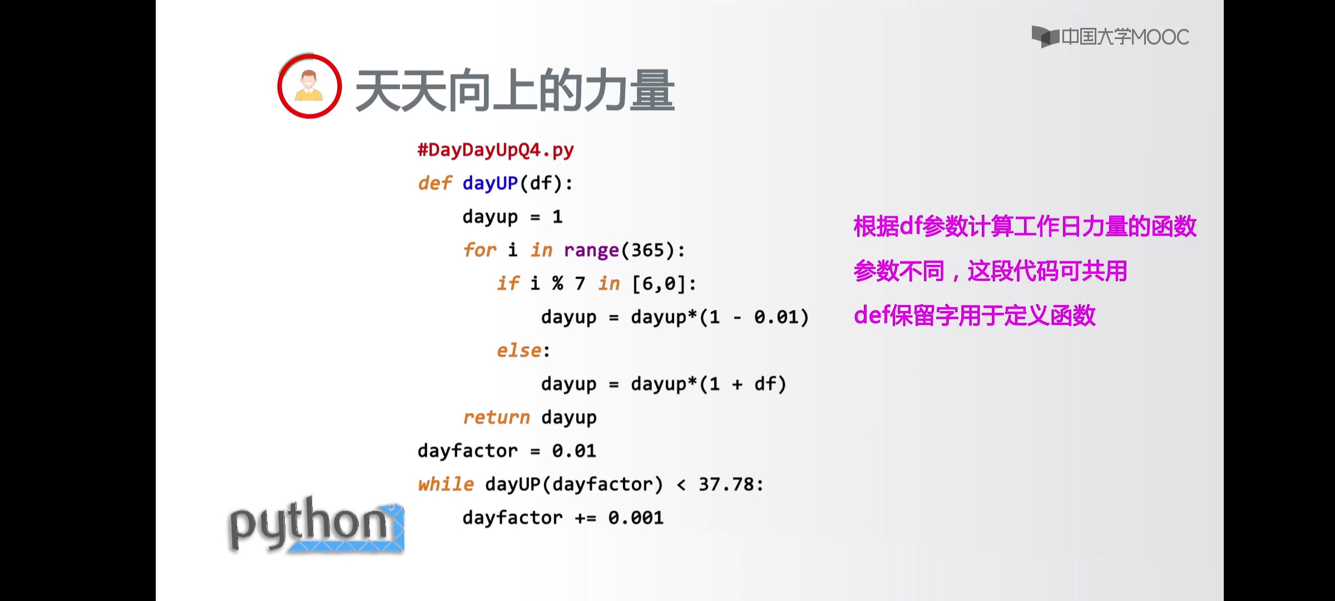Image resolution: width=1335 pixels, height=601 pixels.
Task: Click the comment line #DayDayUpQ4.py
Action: click(496, 150)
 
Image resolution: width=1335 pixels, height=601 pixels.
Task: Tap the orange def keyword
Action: click(434, 183)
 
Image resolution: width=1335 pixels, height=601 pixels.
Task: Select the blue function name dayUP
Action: click(490, 184)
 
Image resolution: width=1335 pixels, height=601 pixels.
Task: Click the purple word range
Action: click(591, 251)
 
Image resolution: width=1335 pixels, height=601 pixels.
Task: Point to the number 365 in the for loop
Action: click(647, 250)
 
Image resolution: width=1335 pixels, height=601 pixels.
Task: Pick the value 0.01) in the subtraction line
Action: click(781, 317)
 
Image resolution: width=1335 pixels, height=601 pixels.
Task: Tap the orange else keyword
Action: click(519, 351)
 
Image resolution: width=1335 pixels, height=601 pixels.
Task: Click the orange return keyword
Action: click(496, 417)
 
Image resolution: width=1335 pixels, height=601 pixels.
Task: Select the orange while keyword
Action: click(446, 484)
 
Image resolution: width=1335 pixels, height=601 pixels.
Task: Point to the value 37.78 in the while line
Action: click(726, 484)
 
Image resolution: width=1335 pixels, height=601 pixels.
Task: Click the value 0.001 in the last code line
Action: click(636, 518)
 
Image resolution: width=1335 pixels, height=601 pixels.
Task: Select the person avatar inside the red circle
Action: click(309, 86)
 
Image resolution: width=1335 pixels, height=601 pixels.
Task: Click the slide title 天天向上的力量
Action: click(515, 91)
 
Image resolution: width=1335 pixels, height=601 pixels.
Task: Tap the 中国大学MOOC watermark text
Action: click(1125, 37)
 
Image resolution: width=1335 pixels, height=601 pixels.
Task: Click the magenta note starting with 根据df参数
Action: click(1025, 226)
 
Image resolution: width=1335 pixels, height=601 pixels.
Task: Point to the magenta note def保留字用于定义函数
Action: click(975, 316)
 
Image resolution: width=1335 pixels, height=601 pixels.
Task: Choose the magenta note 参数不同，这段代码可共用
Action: click(990, 271)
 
